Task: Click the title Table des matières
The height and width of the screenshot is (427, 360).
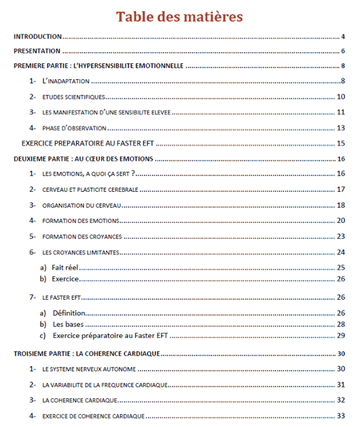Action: pyautogui.click(x=180, y=17)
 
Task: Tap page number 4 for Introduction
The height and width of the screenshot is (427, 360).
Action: pyautogui.click(x=342, y=37)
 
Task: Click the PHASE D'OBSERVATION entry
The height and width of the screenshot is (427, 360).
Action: pyautogui.click(x=76, y=128)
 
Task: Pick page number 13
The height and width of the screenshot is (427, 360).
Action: pyautogui.click(x=340, y=128)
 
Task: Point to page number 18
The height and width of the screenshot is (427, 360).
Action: pyautogui.click(x=340, y=205)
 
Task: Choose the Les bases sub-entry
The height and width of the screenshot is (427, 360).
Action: pyautogui.click(x=70, y=325)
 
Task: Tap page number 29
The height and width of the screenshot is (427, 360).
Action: pyautogui.click(x=340, y=337)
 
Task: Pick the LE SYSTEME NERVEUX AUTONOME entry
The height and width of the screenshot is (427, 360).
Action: pyautogui.click(x=88, y=369)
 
